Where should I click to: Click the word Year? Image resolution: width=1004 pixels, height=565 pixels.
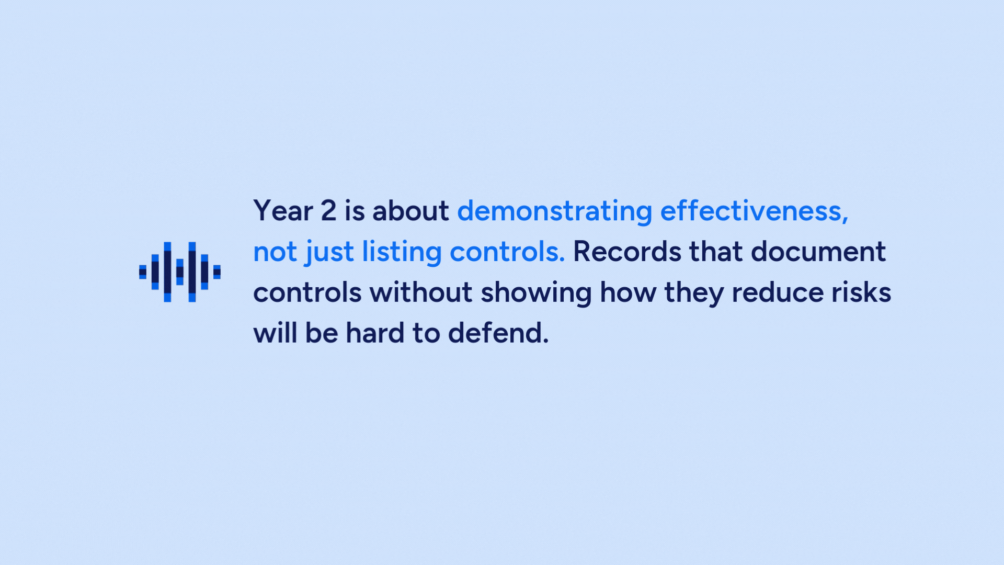(x=283, y=211)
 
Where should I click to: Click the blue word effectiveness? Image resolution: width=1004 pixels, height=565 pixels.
(x=754, y=211)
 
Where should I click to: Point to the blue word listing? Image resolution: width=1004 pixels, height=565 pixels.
(x=402, y=253)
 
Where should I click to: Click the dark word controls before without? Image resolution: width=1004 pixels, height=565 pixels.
(x=307, y=292)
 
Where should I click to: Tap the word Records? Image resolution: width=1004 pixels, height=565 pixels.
(x=627, y=252)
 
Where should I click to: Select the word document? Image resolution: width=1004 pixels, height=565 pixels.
(x=818, y=252)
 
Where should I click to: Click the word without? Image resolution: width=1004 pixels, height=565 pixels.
(x=421, y=292)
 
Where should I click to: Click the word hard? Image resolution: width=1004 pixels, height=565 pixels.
(x=375, y=333)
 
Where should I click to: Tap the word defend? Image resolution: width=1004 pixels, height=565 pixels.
(x=498, y=333)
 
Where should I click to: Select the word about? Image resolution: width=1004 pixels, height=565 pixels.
(x=410, y=211)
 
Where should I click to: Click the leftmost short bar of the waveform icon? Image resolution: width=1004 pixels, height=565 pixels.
(x=143, y=272)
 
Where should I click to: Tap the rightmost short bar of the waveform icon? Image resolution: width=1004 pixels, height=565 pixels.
(x=217, y=272)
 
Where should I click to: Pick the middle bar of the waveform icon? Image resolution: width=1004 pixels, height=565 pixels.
(x=180, y=272)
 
